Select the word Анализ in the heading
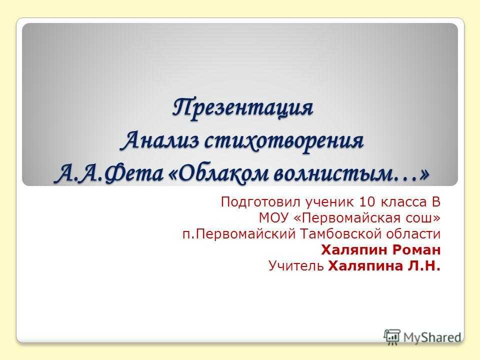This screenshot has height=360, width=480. coord(160,141)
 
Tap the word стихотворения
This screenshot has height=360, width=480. coord(284,141)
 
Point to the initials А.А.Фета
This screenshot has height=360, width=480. coord(108,174)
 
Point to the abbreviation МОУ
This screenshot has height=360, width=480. coord(274,218)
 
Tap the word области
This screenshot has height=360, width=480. coord(413,234)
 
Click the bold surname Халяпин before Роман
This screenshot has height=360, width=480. coord(354,250)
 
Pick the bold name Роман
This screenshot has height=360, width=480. coord(416,250)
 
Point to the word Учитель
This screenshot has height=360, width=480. coord(296,265)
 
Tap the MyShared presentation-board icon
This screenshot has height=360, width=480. coord(392,337)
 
